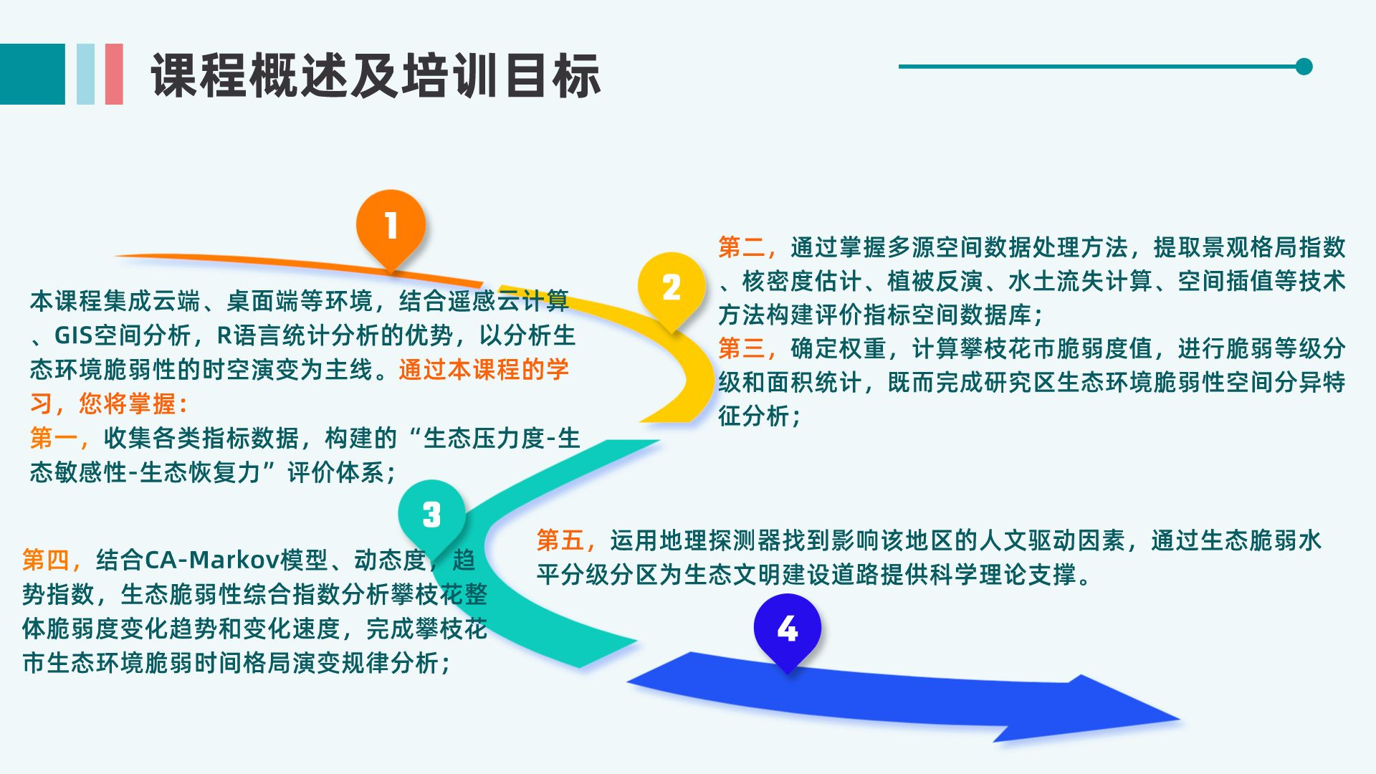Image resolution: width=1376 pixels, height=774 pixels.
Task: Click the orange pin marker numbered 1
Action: click(391, 226)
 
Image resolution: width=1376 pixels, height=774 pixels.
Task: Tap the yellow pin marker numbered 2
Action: click(671, 287)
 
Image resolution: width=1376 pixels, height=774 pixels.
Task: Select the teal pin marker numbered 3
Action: click(431, 514)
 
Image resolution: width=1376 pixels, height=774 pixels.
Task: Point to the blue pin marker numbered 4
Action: click(787, 629)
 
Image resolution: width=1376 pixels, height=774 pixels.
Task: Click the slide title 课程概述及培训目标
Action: click(376, 76)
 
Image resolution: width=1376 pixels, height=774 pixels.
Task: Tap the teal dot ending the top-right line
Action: click(1304, 67)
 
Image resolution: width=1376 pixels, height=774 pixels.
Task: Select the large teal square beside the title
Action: click(32, 74)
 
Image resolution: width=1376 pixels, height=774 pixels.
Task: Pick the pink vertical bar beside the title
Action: click(114, 74)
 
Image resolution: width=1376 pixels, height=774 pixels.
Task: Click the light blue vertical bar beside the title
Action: click(85, 74)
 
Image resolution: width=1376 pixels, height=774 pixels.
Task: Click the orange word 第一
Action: click(54, 438)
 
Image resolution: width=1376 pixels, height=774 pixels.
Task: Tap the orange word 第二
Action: click(742, 247)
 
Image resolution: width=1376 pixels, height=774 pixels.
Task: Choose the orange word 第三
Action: click(742, 348)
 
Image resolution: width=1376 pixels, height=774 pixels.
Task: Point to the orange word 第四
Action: click(47, 560)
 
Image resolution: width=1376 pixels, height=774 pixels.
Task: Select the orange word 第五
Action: click(561, 540)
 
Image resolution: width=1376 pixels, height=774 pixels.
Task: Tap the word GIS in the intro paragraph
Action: click(74, 335)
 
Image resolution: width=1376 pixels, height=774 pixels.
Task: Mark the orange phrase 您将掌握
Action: click(127, 404)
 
